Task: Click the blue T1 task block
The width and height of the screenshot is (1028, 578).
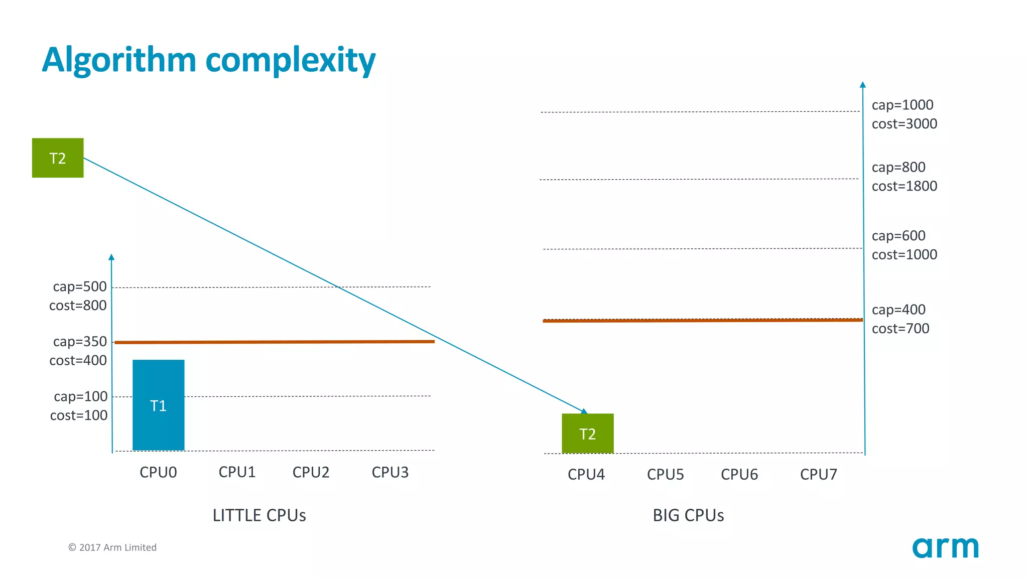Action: coord(158,405)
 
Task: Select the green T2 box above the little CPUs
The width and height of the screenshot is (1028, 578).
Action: coord(58,158)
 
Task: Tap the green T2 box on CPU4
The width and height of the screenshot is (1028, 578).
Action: coord(587,434)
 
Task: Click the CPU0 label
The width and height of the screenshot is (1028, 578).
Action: coord(158,472)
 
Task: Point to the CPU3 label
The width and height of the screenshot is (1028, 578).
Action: coord(390,472)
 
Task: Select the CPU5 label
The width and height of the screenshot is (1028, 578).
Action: coord(665,474)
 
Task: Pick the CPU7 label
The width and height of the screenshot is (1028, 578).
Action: coord(818,474)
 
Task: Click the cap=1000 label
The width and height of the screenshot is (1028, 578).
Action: coord(903,105)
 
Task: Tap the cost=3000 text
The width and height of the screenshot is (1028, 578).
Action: coord(904,124)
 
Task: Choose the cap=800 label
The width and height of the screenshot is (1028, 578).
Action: coord(898,167)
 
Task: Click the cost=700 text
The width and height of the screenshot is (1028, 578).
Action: coord(901,329)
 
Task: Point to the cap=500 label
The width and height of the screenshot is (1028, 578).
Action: coord(80,286)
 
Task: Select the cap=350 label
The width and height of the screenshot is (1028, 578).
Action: coord(80,342)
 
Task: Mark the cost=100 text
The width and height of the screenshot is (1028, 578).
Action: coord(79,415)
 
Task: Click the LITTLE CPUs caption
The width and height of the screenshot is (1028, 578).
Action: coord(259,515)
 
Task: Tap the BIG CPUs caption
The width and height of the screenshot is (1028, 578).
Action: coord(688,515)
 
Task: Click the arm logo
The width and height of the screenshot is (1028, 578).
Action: coord(945,547)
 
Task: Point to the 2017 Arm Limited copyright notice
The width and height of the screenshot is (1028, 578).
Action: coord(112,547)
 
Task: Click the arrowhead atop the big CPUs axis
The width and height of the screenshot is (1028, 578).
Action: coord(862,85)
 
